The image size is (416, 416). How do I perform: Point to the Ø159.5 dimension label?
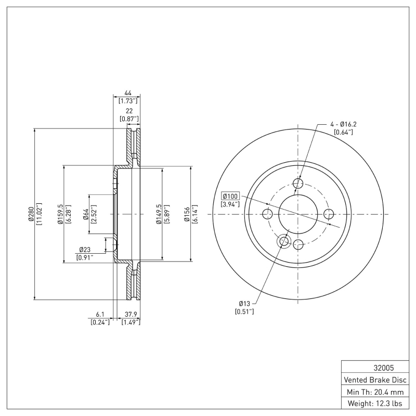60,214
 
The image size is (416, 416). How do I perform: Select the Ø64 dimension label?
86,214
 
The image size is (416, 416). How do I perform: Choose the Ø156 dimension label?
187,214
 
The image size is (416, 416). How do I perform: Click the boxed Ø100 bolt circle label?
230,196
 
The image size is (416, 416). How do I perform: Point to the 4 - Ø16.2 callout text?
343,124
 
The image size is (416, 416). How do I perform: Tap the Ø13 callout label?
245,303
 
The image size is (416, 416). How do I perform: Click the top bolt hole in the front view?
298,183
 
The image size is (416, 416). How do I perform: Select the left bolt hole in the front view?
267,214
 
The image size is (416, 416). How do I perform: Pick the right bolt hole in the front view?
329,214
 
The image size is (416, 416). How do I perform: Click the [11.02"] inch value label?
40,214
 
